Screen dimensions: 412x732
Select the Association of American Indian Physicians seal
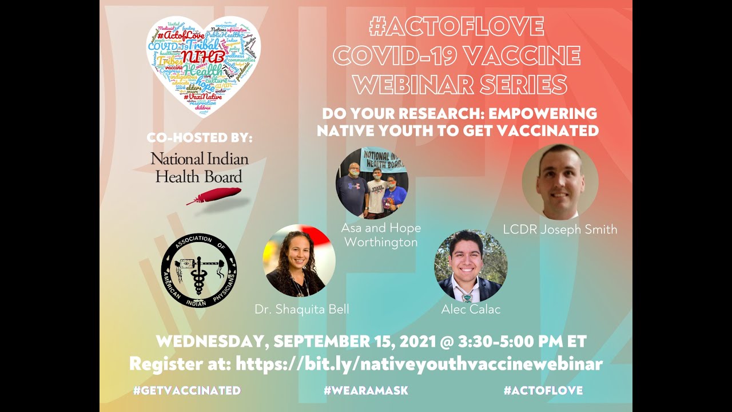(x=199, y=271)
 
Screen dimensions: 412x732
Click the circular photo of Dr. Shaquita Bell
(x=299, y=261)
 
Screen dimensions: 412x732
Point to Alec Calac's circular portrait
(x=471, y=266)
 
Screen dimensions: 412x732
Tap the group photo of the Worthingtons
(x=372, y=183)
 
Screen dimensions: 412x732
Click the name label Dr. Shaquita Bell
(x=301, y=310)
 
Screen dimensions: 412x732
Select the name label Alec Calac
(x=471, y=310)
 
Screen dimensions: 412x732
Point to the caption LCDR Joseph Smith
(x=560, y=230)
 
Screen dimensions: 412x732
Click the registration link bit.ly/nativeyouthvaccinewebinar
(x=419, y=364)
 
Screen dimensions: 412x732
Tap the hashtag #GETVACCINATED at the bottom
(x=186, y=391)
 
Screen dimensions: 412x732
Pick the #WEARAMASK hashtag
(x=365, y=391)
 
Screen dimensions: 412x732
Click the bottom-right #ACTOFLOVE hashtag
(x=543, y=391)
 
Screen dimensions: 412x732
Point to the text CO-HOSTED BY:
(x=199, y=138)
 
